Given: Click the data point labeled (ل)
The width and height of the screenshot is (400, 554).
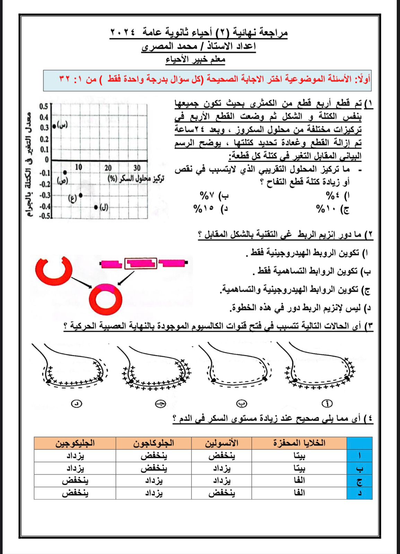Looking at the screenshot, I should [96, 207].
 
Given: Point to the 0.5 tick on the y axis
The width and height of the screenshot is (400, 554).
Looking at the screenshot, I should [44, 106].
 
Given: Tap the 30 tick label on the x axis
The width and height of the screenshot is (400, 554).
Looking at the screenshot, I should [137, 168].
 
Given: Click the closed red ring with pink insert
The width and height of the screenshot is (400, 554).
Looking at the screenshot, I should [105, 299].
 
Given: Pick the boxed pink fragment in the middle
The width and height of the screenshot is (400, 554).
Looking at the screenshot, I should [141, 263].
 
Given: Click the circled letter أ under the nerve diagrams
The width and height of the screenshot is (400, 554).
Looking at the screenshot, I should [327, 403].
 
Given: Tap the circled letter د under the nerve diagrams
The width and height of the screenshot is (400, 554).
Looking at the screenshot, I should [76, 403].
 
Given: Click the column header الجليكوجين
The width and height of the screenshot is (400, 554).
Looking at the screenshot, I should [75, 443].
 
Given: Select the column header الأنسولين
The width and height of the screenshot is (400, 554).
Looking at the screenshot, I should [222, 443].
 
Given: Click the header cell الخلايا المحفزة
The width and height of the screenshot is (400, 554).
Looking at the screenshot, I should [299, 443].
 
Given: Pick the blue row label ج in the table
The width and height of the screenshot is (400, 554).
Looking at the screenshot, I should [359, 481].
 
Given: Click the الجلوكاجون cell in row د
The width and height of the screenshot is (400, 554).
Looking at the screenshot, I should [154, 493].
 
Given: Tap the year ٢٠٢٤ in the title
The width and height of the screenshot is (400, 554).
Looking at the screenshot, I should [123, 33].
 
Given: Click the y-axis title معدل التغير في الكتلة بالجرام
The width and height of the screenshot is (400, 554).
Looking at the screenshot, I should [30, 164].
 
